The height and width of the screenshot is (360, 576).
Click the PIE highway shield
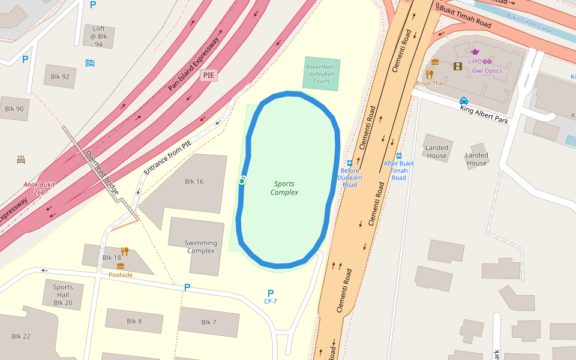pyautogui.click(x=209, y=75)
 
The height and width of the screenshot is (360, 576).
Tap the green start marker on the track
pyautogui.click(x=242, y=181)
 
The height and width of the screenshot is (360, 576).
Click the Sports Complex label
pyautogui.click(x=284, y=188)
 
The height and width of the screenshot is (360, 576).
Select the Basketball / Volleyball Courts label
pyautogui.click(x=322, y=74)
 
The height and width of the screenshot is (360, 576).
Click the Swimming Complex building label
pyautogui.click(x=200, y=247)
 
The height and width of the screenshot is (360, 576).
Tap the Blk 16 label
pyautogui.click(x=194, y=181)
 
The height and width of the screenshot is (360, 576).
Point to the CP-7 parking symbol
pyautogui.click(x=271, y=293)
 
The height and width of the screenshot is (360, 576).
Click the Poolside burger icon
pyautogui.click(x=121, y=266)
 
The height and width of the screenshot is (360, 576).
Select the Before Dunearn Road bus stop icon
pyautogui.click(x=350, y=163)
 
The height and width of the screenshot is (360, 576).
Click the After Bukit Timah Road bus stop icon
pyautogui.click(x=399, y=155)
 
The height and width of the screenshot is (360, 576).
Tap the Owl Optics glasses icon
pyautogui.click(x=487, y=61)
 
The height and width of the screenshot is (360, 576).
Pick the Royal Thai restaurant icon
pyautogui.click(x=429, y=74)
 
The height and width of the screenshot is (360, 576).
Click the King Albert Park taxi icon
pyautogui.click(x=464, y=101)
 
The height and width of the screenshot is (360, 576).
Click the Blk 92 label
pyautogui.click(x=60, y=76)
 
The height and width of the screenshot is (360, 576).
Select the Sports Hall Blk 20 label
pyautogui.click(x=62, y=295)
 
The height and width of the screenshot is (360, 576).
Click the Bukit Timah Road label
pyautogui.click(x=466, y=16)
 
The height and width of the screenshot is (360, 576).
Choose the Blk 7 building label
pyautogui.click(x=209, y=322)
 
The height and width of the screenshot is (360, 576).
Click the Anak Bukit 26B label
pyautogui.click(x=39, y=188)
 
